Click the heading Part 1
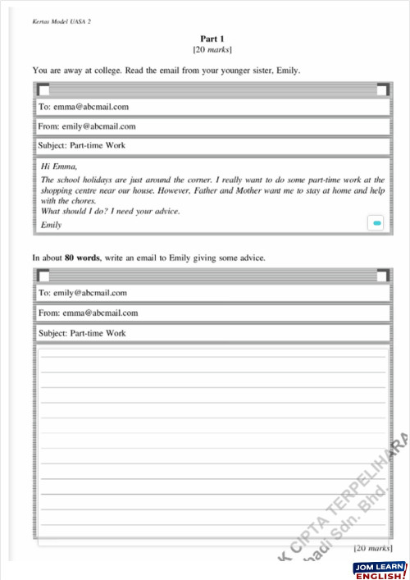(212, 39)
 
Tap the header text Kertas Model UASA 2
(61, 21)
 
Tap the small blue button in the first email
(376, 222)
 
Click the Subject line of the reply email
(82, 333)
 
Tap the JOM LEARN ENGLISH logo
(380, 570)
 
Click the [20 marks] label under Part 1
(212, 50)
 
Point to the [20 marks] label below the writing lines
(373, 548)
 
